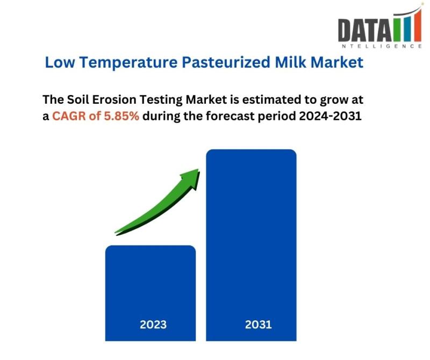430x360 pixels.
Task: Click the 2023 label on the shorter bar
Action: click(x=153, y=325)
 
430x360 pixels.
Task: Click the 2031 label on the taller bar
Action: click(x=258, y=325)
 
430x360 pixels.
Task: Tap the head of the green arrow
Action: click(x=192, y=178)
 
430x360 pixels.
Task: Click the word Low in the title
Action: click(x=60, y=62)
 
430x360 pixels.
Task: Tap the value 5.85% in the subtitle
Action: click(x=121, y=116)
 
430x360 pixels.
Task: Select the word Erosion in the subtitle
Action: click(x=114, y=99)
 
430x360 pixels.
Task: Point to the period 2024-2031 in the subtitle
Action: click(x=330, y=116)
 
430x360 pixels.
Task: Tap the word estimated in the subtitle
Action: click(x=272, y=99)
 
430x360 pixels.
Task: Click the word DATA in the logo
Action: click(x=365, y=31)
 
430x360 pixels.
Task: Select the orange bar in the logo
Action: click(x=418, y=26)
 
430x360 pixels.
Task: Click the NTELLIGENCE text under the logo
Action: click(x=382, y=46)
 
